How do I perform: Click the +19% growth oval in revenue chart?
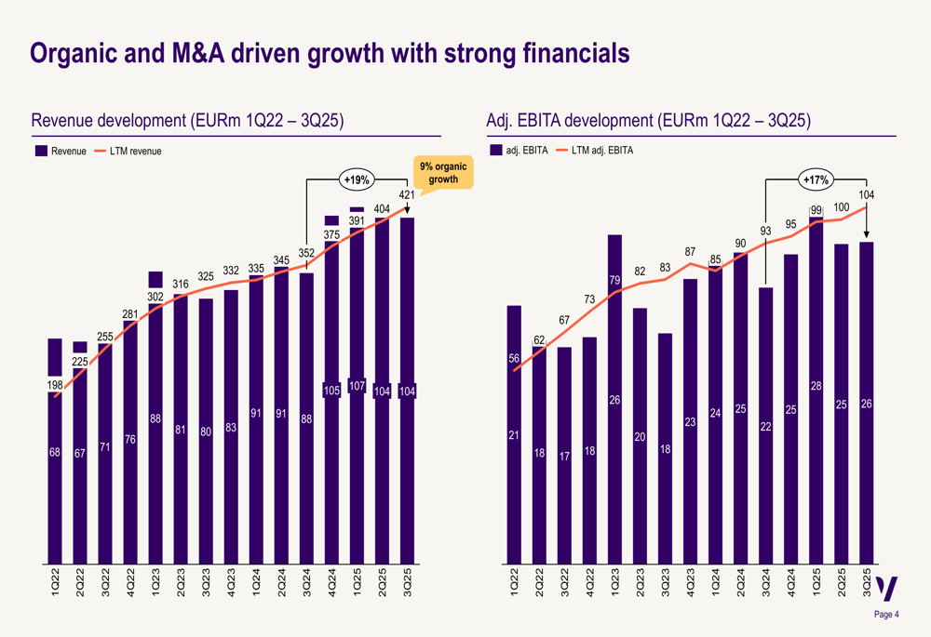[357, 179]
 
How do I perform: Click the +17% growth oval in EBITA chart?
[816, 179]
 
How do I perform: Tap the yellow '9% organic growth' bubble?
[443, 173]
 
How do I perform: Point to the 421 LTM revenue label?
[407, 195]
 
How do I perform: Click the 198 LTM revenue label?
[55, 385]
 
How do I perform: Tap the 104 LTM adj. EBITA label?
[866, 195]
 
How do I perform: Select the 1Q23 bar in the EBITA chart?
[614, 400]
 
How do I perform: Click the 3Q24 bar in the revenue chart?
[306, 418]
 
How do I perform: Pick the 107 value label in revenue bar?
[357, 387]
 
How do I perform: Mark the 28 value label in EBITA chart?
[816, 386]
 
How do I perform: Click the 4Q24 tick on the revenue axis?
[331, 587]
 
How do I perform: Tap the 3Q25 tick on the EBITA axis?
[866, 587]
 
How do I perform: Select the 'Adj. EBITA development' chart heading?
[648, 122]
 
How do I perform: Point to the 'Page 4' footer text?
[885, 615]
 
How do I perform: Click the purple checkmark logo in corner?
[888, 589]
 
